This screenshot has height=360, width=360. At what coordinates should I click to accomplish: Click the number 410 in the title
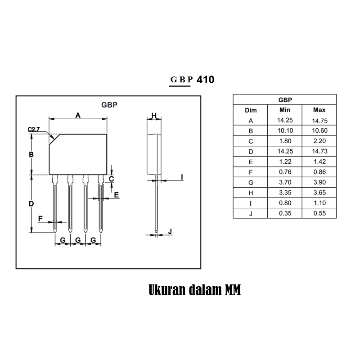(x=206, y=80)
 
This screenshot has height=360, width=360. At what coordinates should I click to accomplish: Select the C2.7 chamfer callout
(x=34, y=130)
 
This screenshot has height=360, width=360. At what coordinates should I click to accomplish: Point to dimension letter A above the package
(x=78, y=115)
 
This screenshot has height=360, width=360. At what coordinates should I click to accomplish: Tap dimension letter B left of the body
(x=31, y=154)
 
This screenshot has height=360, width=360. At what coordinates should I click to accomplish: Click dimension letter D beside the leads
(x=31, y=204)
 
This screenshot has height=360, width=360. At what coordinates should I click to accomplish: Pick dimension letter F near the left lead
(x=40, y=219)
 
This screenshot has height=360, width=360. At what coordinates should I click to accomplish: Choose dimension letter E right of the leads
(x=117, y=195)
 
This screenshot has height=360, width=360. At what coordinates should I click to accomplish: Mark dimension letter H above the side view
(x=154, y=115)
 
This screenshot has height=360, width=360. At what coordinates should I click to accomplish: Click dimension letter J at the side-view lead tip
(x=170, y=231)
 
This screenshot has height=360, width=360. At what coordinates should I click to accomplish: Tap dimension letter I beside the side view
(x=182, y=177)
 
